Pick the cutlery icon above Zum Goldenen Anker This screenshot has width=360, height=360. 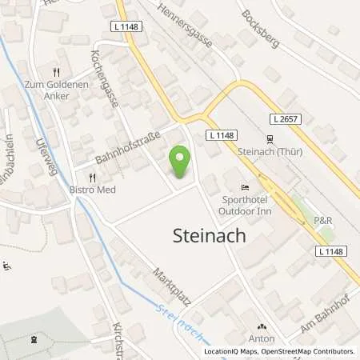coord(56,70)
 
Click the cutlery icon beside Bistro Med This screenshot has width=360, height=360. coord(93,178)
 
